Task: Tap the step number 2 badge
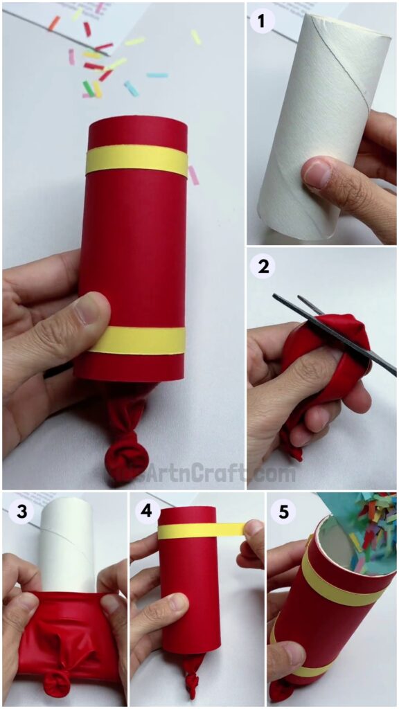coord(263,267)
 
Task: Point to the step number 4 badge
coord(145,512)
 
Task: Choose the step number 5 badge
coord(283,512)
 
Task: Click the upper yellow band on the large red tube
coord(136,161)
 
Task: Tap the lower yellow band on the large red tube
coord(136,340)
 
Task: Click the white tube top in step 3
coord(67,533)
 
